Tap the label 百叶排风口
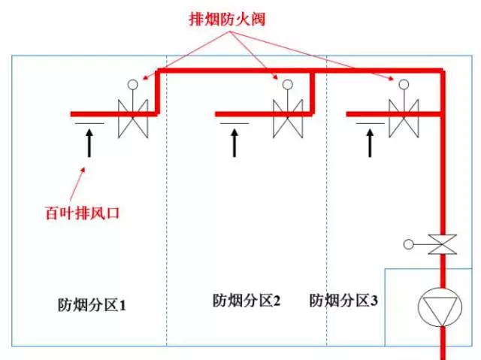[x=80, y=213]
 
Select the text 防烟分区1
[x=92, y=305]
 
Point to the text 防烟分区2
[x=247, y=301]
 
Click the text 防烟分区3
[x=344, y=301]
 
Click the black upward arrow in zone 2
[x=234, y=143]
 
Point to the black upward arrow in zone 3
[x=369, y=143]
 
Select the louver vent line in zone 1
[x=89, y=123]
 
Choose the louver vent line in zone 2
[x=234, y=123]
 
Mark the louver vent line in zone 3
[x=369, y=123]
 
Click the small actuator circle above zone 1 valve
[x=133, y=85]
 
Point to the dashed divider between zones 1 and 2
[x=166, y=225]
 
